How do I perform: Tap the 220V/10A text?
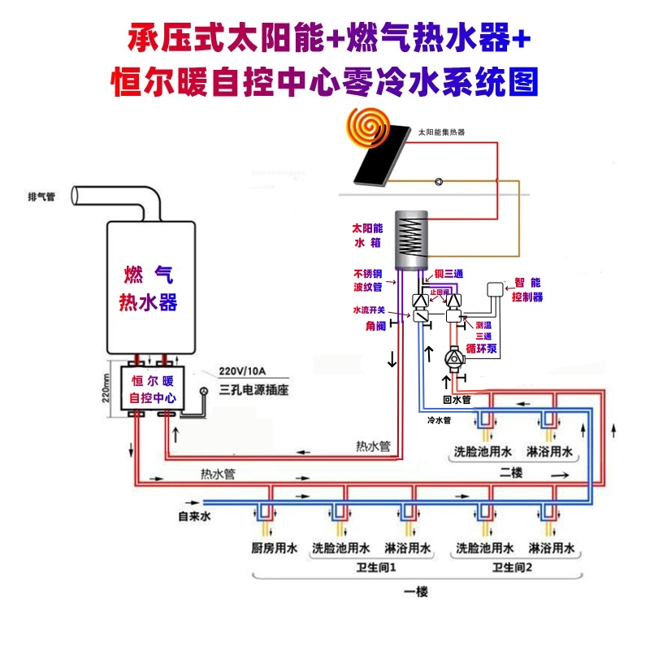coord(243,373)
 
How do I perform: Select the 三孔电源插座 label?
coord(254,391)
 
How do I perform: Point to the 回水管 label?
coord(456,400)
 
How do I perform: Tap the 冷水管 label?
coord(439,421)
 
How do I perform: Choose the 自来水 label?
coord(194,516)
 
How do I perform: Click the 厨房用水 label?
coord(271,548)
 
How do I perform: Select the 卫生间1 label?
coord(375,567)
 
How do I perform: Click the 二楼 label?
coord(511,471)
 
